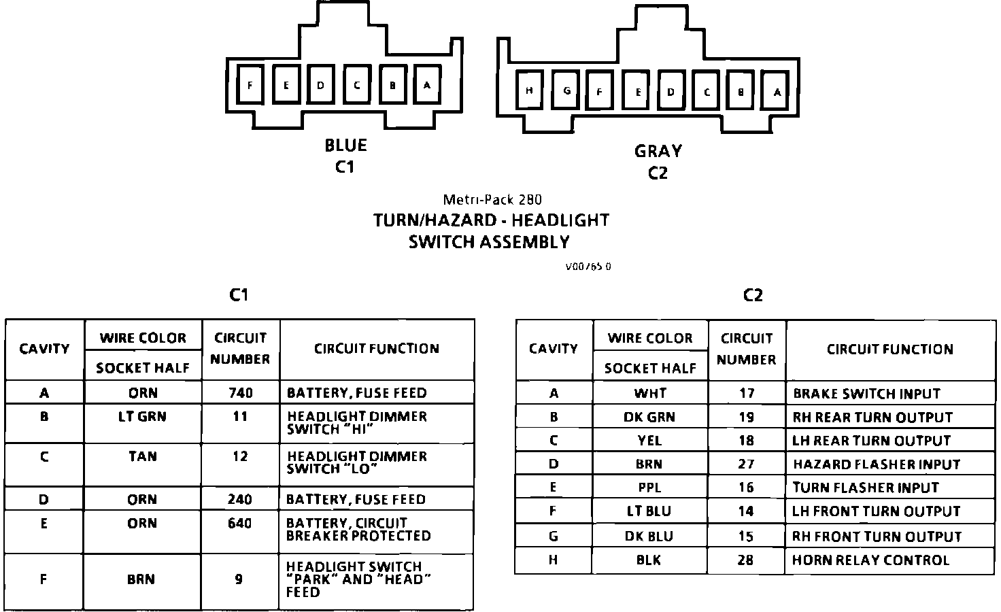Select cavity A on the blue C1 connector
(427, 85)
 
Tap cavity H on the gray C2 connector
(529, 91)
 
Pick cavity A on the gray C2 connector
(777, 92)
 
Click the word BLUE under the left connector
(345, 146)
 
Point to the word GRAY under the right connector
(658, 151)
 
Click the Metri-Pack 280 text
(492, 200)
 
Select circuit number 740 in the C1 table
(240, 393)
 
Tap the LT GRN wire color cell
(142, 416)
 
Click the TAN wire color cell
(142, 456)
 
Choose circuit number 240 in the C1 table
(240, 500)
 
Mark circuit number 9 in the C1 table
(239, 580)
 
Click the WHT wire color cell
(650, 394)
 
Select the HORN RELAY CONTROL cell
(870, 560)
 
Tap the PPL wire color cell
(649, 488)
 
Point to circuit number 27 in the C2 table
(746, 464)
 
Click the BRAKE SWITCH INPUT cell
(866, 394)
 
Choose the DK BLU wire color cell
(649, 537)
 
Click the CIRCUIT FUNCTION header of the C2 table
(889, 350)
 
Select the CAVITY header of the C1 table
(44, 349)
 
